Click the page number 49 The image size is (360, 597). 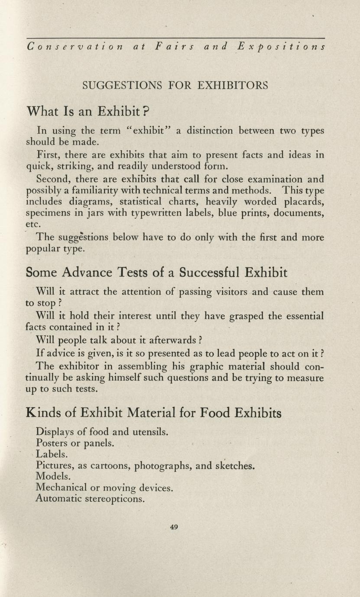174,527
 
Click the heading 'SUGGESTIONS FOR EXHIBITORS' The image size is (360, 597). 175,85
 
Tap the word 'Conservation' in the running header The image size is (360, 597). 75,46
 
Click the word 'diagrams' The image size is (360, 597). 91,201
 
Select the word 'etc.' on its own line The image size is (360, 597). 33,225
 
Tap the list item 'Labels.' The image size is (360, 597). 52,454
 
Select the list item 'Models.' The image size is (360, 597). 53,476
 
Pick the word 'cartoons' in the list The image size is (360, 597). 106,466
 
